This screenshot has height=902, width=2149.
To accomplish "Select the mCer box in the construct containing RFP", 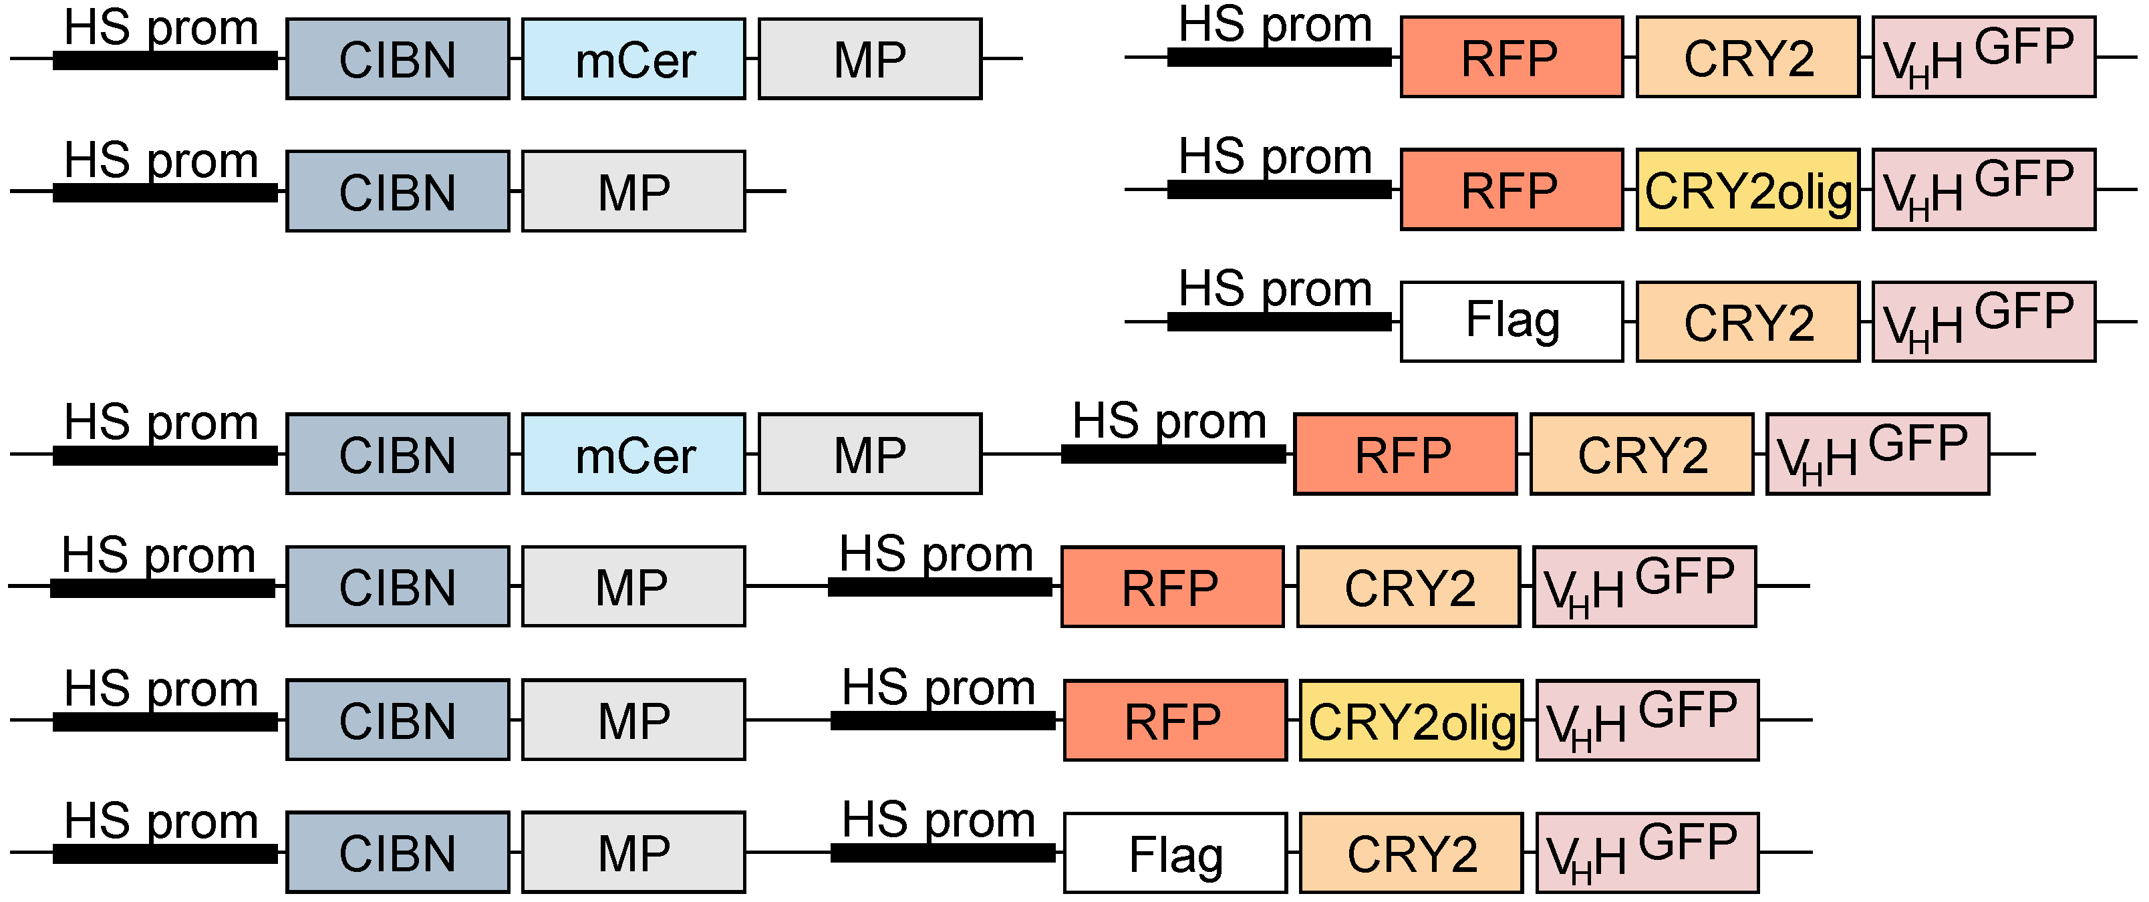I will pyautogui.click(x=634, y=454).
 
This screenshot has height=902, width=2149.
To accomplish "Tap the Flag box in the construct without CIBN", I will pyautogui.click(x=1512, y=321).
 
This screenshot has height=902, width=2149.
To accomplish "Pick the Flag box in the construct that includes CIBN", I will pyautogui.click(x=1175, y=853).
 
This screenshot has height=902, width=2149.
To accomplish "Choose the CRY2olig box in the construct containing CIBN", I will pyautogui.click(x=1411, y=720).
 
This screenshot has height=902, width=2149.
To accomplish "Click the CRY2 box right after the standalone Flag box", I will pyautogui.click(x=1747, y=321).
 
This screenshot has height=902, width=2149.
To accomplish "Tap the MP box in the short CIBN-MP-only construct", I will pyautogui.click(x=634, y=191).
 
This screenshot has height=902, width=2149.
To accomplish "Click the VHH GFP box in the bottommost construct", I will pyautogui.click(x=1648, y=853).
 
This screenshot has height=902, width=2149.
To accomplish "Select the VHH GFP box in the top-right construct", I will pyautogui.click(x=1984, y=57).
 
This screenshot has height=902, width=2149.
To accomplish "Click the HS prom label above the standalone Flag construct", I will pyautogui.click(x=1275, y=289).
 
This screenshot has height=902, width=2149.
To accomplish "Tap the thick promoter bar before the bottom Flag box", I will pyautogui.click(x=943, y=853).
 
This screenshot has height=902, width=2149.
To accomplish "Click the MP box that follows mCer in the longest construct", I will pyautogui.click(x=870, y=454).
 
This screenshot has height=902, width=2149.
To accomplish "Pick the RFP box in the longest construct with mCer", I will pyautogui.click(x=1405, y=454).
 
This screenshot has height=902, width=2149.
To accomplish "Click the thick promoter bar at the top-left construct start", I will pyautogui.click(x=165, y=60).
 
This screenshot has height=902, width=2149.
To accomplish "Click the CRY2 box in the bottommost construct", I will pyautogui.click(x=1411, y=853).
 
